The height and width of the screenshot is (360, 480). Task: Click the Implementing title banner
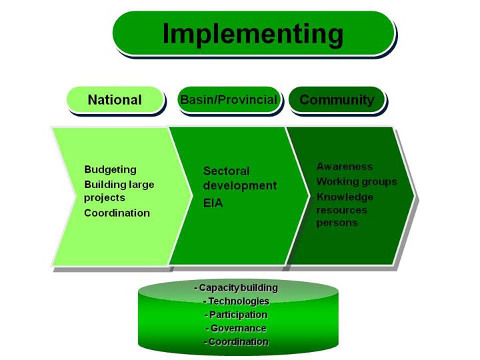[253, 33]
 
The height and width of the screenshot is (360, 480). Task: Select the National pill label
[115, 100]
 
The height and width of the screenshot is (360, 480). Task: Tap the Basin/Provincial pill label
[229, 100]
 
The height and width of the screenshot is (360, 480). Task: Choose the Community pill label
[337, 100]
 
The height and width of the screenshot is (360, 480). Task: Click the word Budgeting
[110, 170]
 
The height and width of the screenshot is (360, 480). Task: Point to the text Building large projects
[119, 191]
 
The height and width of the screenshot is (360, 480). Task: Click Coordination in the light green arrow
[117, 213]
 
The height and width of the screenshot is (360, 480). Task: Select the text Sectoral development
[240, 178]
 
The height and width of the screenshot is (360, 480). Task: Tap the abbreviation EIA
[213, 203]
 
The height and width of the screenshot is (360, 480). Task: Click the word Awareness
[345, 167]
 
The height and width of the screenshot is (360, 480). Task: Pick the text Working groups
[357, 181]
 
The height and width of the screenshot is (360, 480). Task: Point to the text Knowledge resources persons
[345, 210]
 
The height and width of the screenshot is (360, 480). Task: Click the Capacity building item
[236, 288]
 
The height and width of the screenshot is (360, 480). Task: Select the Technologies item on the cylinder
[236, 301]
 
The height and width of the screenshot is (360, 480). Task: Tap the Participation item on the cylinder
[236, 315]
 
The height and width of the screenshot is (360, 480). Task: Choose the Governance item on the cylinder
[236, 328]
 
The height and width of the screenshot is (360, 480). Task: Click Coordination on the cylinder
[236, 341]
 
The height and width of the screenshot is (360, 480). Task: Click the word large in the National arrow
[141, 185]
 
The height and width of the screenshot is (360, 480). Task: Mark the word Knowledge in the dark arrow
[345, 197]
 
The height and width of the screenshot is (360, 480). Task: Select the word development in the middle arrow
[240, 186]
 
